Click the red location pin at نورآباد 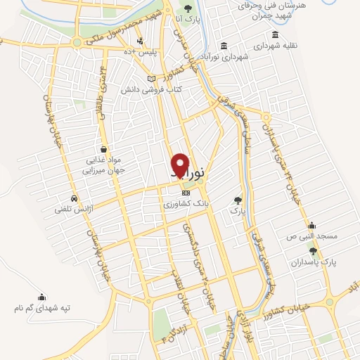[181, 164]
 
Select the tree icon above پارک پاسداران [314, 250]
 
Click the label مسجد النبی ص [313, 236]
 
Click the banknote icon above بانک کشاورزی [186, 193]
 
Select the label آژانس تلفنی [75, 208]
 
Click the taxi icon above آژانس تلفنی [74, 198]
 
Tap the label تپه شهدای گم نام [44, 309]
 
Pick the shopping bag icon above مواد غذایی [104, 149]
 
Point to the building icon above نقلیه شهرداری [274, 34]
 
